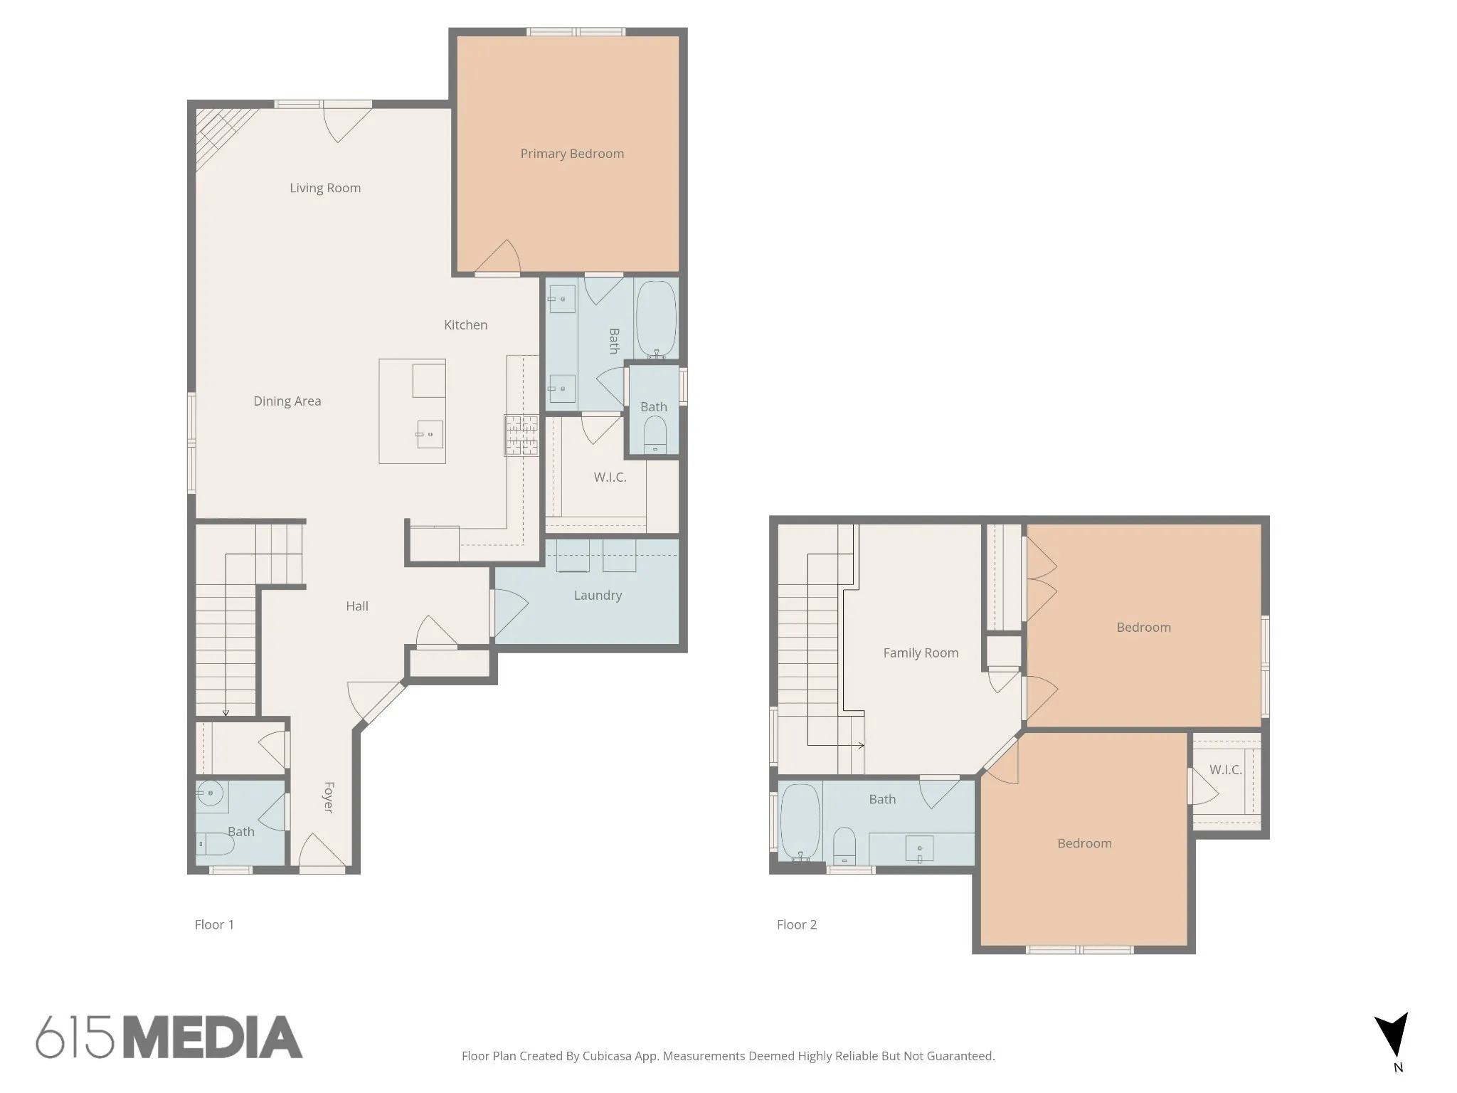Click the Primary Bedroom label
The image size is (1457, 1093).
tap(572, 154)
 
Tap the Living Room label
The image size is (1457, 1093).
tap(325, 188)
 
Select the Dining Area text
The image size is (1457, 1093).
tap(287, 401)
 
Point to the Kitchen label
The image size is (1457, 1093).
tap(466, 325)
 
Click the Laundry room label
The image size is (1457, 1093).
tap(598, 596)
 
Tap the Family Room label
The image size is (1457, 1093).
tap(921, 653)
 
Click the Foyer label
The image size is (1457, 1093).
tap(329, 797)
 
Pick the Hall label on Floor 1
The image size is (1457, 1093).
tap(357, 606)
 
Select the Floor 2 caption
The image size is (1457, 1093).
tap(797, 924)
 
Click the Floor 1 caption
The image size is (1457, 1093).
tap(214, 924)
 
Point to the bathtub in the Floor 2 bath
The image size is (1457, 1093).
tap(800, 823)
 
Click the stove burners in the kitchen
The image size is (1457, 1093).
tap(521, 435)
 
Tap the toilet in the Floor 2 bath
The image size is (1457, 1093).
tap(844, 845)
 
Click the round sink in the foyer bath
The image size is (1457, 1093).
tap(211, 792)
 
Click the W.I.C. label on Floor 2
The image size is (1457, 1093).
tap(1226, 770)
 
